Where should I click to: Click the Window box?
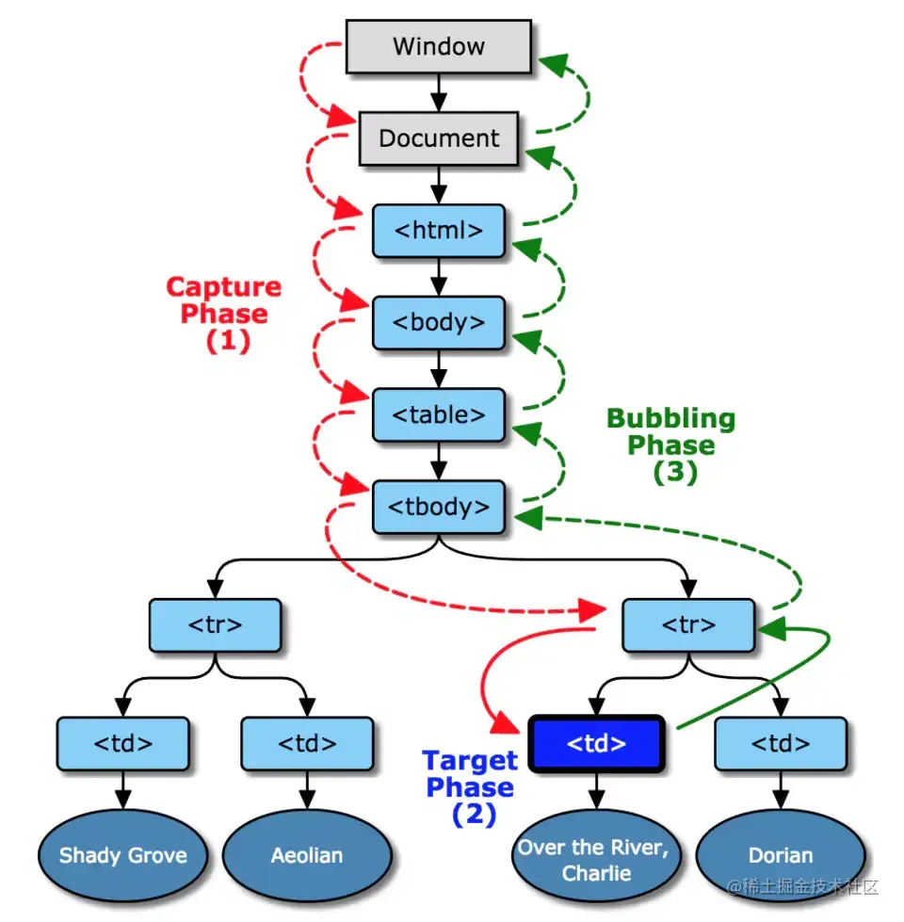point(439,46)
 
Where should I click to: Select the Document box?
point(439,138)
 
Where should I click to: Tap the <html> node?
point(439,231)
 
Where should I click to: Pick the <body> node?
point(439,323)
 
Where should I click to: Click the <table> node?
point(439,415)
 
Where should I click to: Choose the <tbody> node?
point(439,508)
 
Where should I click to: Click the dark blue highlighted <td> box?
point(597,744)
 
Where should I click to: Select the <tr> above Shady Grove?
point(216,625)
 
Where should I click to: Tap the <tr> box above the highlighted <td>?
point(689,625)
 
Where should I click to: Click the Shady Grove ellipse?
point(122,856)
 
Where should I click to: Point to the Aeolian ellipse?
point(307,856)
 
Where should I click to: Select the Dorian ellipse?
point(781,856)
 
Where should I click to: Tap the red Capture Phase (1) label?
point(224,314)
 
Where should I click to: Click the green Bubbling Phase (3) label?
point(671,445)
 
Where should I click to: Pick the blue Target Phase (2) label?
point(470,787)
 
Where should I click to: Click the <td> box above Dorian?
point(781,744)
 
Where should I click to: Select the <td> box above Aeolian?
point(307,744)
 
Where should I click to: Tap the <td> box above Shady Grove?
point(122,744)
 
